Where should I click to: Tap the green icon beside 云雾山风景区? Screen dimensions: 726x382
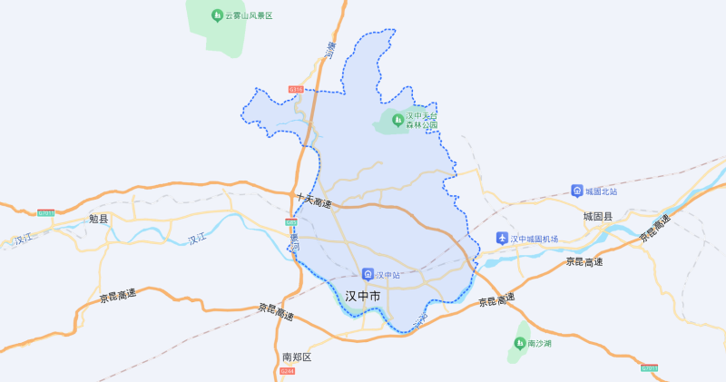[x=216, y=15]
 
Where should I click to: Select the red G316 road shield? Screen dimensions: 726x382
[x=296, y=89]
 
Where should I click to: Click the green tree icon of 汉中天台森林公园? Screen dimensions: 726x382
[x=397, y=120]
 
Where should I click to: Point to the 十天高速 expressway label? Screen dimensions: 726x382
[x=314, y=199]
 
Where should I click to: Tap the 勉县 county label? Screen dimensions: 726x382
[x=98, y=219]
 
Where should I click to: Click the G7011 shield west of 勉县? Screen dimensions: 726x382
[x=46, y=213]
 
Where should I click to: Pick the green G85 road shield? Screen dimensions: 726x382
[x=291, y=222]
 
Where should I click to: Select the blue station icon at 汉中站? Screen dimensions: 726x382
[x=368, y=273]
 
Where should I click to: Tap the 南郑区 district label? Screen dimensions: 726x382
[x=297, y=357]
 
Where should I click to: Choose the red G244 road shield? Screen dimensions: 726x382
[x=287, y=371]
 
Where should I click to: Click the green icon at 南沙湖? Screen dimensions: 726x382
[x=520, y=343]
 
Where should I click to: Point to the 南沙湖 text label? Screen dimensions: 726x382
[x=539, y=343]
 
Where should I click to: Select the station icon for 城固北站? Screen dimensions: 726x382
[x=576, y=191]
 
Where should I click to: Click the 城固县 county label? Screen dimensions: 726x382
[x=597, y=218]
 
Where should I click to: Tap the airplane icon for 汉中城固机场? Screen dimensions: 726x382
[x=502, y=239]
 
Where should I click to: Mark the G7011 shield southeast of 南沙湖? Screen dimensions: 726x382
[x=649, y=368]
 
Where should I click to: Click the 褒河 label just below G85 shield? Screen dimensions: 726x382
[x=294, y=242]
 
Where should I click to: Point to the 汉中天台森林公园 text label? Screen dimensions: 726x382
[x=421, y=121]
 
